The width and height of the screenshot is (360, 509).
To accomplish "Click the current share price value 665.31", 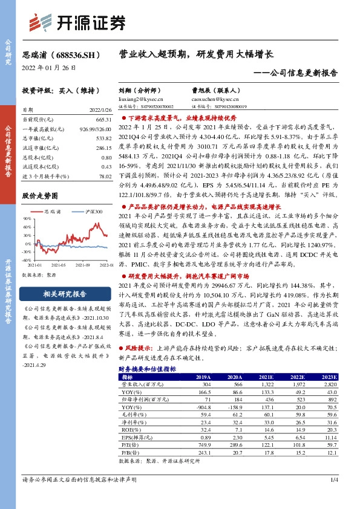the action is pos(103,120).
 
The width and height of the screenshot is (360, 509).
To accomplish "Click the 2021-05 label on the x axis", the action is pos(58,265).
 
